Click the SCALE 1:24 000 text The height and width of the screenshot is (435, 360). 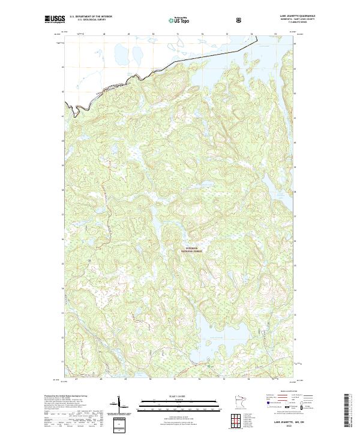point(179,396)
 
